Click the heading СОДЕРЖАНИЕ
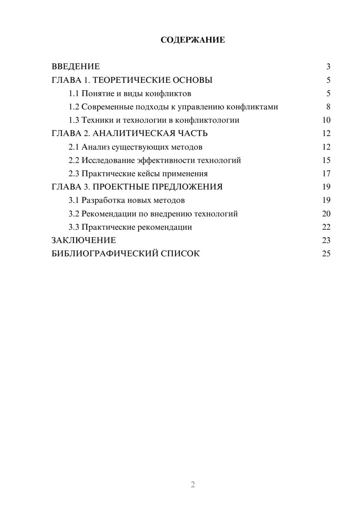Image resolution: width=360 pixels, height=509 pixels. point(193,40)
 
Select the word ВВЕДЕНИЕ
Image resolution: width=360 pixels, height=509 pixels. point(76,67)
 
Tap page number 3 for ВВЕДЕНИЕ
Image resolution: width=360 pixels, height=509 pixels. point(328,67)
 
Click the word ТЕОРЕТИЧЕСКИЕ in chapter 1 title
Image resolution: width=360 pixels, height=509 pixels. point(131,80)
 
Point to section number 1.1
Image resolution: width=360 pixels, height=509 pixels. point(73,94)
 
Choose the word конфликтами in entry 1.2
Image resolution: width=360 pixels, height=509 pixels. point(254,107)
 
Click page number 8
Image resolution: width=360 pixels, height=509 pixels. point(328,107)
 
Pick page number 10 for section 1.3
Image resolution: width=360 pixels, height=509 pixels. point(326,120)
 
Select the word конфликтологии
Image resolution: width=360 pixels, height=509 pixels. point(207,120)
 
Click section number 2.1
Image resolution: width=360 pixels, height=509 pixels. point(73,147)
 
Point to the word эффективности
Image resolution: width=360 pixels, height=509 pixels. point(169,161)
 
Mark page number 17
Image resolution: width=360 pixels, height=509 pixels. point(326,174)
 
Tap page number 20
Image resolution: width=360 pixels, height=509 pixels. point(326,214)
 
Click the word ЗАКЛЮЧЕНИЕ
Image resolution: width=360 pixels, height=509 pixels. point(84,240)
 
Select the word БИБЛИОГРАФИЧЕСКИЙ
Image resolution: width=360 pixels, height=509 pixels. point(105,254)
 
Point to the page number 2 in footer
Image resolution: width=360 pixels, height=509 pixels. point(193,485)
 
